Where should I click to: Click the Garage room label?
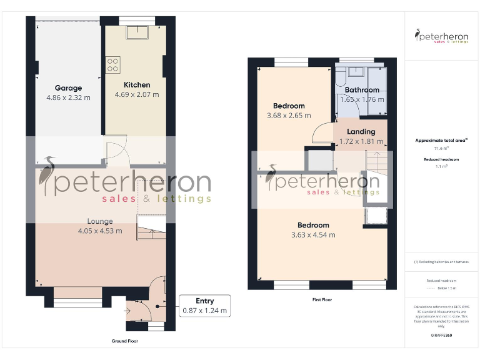(x=68, y=88)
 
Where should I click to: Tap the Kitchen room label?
(x=137, y=85)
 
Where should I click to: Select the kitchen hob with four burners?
(x=113, y=64)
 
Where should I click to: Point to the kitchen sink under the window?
(x=136, y=32)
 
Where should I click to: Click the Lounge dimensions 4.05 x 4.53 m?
(x=100, y=231)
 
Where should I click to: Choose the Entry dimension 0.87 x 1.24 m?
(x=204, y=311)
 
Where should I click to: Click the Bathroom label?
(x=362, y=90)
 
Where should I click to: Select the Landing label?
(x=361, y=131)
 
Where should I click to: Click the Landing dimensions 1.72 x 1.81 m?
(x=361, y=141)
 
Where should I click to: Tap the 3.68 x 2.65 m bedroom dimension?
(x=289, y=115)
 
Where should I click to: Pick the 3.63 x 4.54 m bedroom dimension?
(x=313, y=235)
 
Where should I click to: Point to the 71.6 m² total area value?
(x=441, y=149)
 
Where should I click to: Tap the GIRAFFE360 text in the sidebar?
(x=441, y=336)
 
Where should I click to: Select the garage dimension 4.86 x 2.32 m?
(x=68, y=97)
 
